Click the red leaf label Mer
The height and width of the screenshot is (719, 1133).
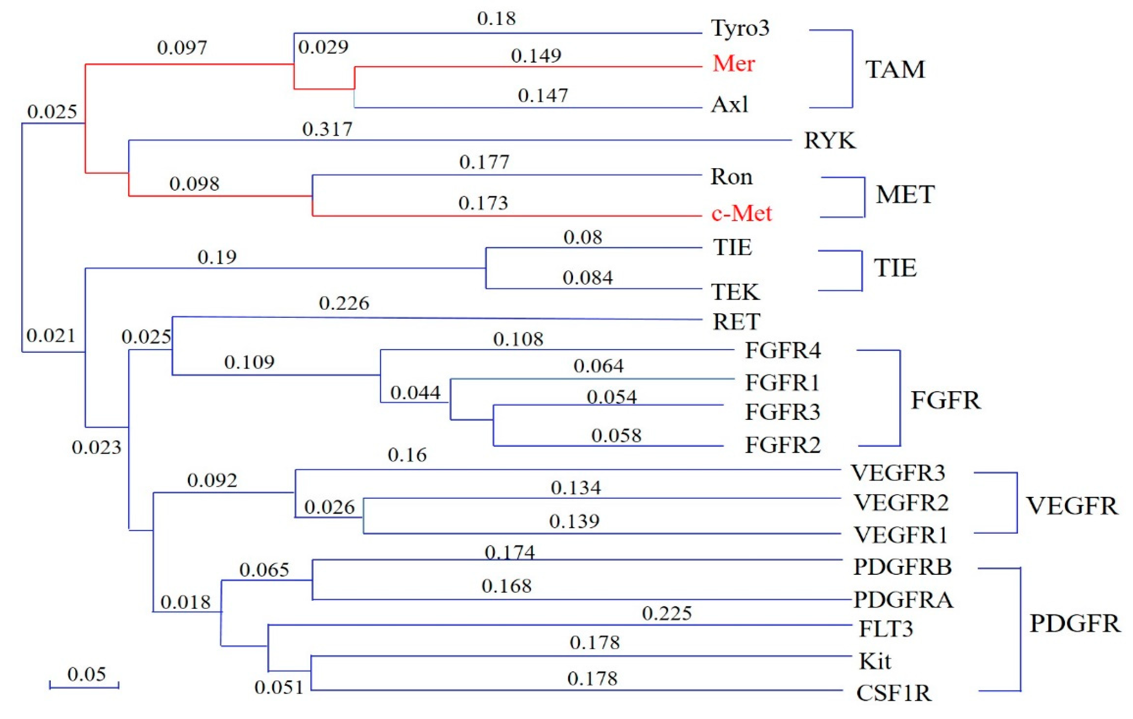pos(733,63)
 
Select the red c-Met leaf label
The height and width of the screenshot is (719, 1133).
pos(742,214)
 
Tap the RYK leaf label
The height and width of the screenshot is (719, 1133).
pos(829,141)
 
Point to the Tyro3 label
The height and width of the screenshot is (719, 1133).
pos(740,28)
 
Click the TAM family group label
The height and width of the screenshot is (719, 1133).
pos(895,70)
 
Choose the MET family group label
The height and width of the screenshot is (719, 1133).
pos(904,194)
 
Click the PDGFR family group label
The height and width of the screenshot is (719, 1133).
pos(1075,623)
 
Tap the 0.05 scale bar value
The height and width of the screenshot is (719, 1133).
pos(87,674)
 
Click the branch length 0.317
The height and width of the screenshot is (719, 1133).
pos(327,129)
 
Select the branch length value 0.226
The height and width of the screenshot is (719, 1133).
pos(344,303)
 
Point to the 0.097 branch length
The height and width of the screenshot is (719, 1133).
pos(182,48)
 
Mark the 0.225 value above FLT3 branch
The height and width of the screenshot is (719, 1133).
pos(666,613)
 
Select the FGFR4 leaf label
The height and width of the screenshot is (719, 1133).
pos(782,351)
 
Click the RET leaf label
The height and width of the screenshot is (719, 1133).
pos(736,322)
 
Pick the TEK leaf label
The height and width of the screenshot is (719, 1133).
pos(735,292)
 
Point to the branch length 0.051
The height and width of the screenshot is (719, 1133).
pos(279,687)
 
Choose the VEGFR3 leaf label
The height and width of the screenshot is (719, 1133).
pos(897,473)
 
